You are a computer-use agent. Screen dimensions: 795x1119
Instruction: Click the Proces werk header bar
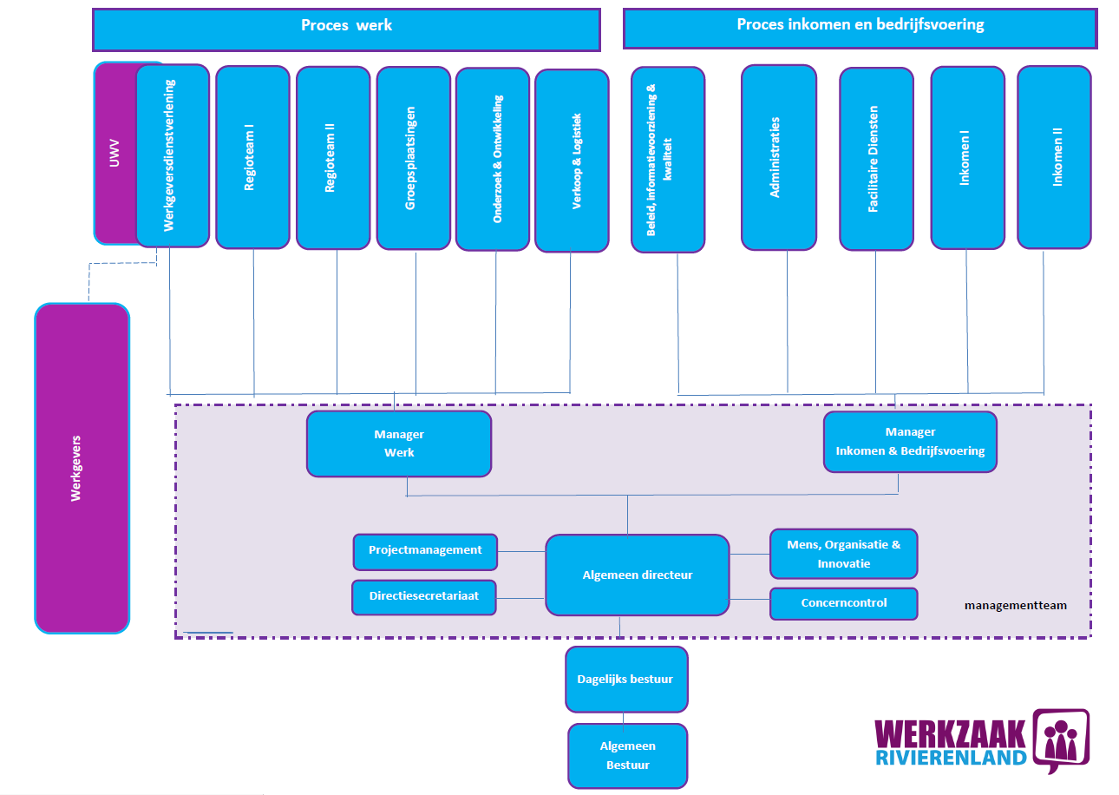(346, 30)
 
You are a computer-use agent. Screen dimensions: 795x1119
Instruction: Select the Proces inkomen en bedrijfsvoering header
(860, 29)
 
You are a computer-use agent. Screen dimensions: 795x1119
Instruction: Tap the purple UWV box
(115, 153)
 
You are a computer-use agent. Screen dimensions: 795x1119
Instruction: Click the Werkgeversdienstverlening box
(173, 155)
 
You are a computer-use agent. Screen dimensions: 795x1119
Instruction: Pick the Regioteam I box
(252, 157)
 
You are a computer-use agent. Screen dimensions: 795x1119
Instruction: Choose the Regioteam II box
(333, 157)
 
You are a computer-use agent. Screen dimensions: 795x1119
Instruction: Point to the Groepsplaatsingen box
(413, 158)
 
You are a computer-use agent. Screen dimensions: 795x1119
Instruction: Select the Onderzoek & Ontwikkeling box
(493, 159)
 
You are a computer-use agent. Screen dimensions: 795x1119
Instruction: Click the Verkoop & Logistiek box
(572, 160)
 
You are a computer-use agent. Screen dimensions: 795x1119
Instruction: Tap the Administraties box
(778, 157)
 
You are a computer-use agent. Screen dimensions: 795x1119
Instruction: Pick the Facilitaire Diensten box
(876, 159)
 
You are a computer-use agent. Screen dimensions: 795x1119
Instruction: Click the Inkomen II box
(1054, 157)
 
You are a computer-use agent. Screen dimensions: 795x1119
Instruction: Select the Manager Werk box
(399, 443)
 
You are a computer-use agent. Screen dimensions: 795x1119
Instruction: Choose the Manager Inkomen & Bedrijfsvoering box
(910, 442)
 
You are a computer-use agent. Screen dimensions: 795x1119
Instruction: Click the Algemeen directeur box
(637, 575)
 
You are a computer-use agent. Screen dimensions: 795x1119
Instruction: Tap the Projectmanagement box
(425, 551)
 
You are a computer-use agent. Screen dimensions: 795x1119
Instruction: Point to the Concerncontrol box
(843, 603)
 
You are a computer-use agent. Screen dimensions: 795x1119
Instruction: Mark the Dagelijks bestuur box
(626, 679)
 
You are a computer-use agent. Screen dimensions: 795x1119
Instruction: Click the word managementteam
(1015, 606)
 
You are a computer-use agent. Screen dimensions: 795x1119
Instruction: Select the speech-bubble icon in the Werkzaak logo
(1060, 740)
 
